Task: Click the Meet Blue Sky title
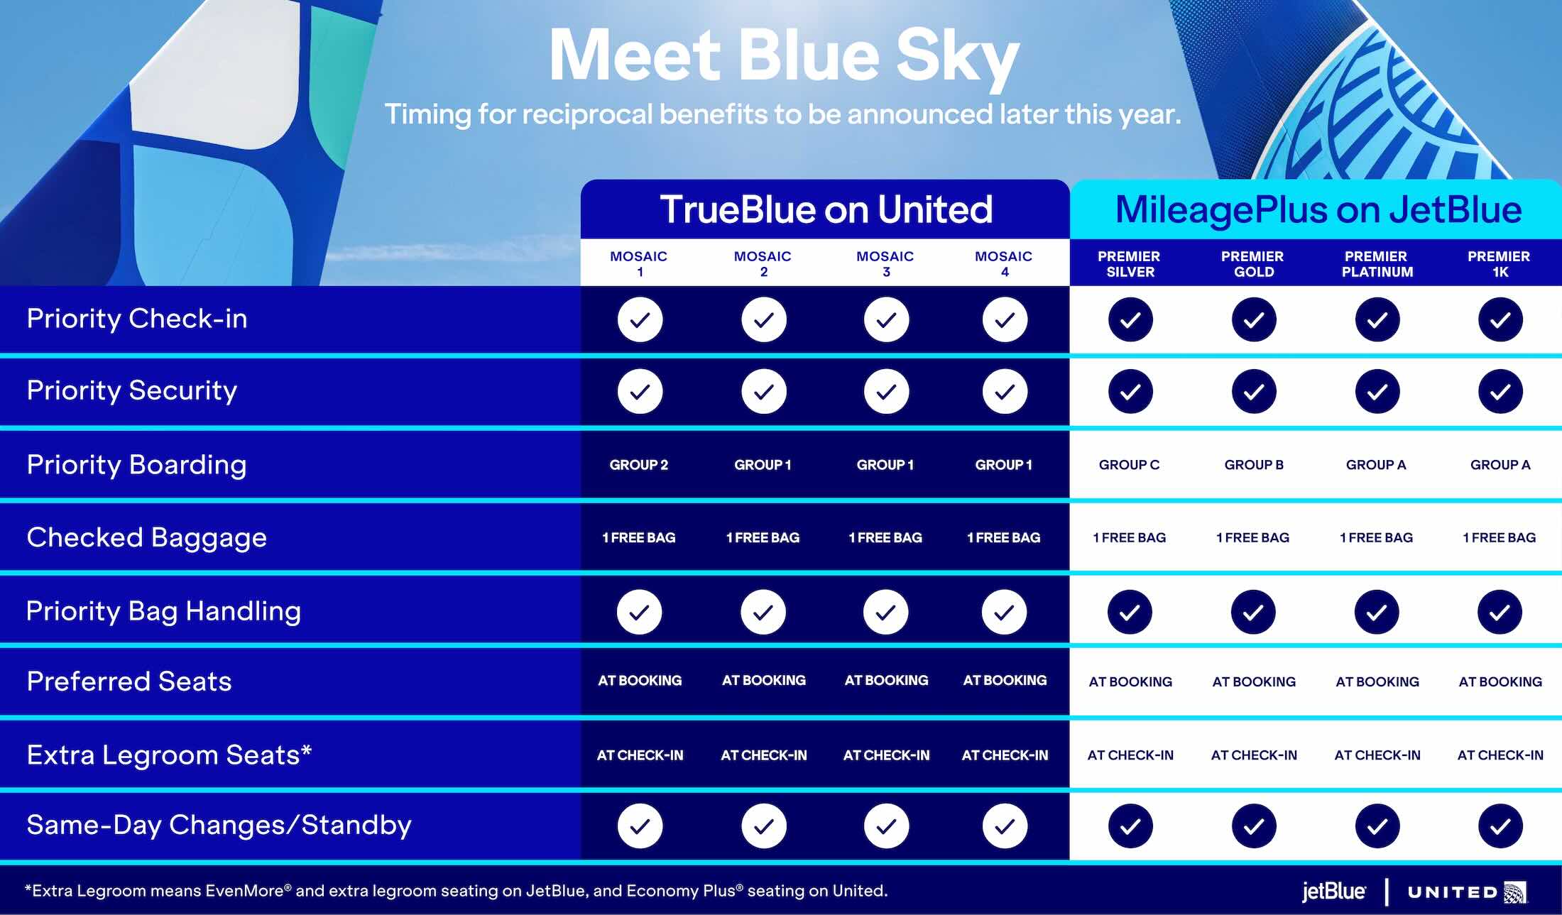[784, 57]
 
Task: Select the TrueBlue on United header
[826, 209]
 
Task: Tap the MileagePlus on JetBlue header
[1318, 209]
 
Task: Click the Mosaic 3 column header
[885, 263]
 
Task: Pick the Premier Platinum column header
[1377, 263]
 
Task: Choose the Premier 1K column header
[1499, 263]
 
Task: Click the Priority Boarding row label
[136, 465]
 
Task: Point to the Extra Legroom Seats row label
[169, 755]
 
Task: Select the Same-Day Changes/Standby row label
[219, 825]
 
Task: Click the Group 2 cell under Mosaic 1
[639, 465]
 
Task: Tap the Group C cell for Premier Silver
[1129, 465]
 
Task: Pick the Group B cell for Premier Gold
[1254, 465]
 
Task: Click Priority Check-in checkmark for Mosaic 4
[1005, 320]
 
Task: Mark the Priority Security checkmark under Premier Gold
[1254, 391]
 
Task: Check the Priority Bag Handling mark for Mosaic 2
[763, 612]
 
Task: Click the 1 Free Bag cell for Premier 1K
[1500, 538]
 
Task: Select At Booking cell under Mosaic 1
[640, 681]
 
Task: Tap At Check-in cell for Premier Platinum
[1377, 755]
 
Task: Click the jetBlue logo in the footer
[1333, 892]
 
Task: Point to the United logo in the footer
[1465, 892]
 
